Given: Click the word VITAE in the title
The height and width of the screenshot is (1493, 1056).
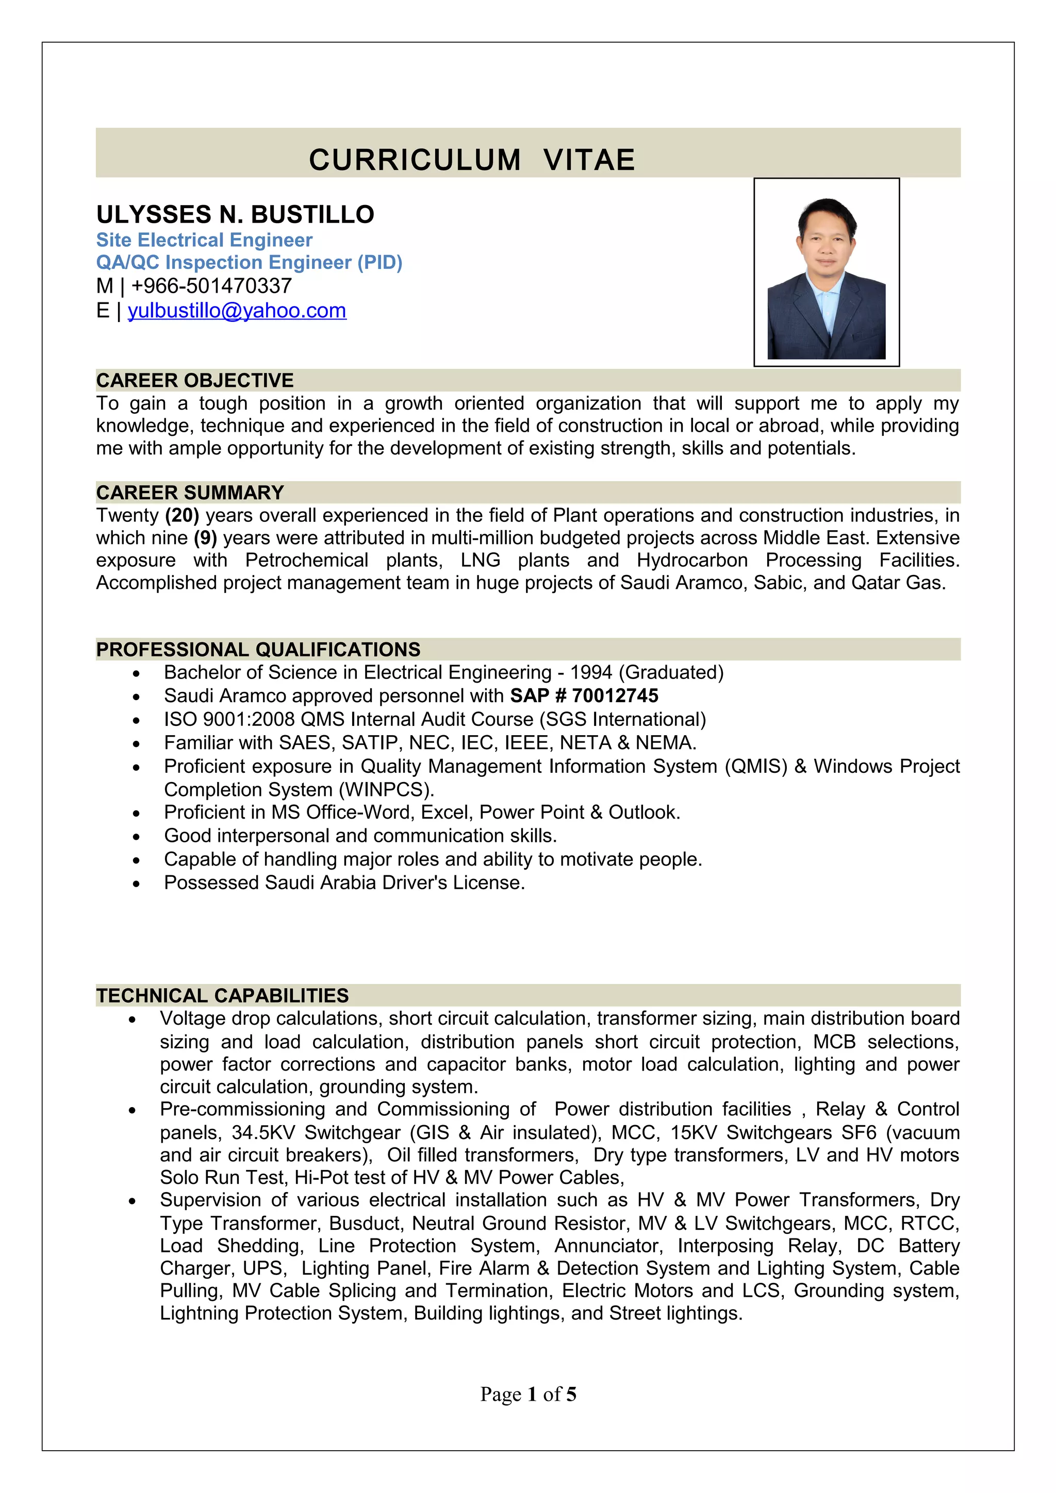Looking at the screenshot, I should click(x=589, y=160).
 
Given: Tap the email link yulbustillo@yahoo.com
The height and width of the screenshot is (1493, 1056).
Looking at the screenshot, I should click(x=237, y=310).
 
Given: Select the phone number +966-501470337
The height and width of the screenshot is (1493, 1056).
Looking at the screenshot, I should click(x=211, y=285).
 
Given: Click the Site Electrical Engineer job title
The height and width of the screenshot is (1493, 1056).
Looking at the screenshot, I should click(x=204, y=240).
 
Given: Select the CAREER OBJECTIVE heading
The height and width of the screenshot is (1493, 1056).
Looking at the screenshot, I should click(x=194, y=380).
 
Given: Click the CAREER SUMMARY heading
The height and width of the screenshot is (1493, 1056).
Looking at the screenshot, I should click(x=190, y=492).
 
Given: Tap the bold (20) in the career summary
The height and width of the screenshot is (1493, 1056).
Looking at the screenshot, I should click(x=181, y=515).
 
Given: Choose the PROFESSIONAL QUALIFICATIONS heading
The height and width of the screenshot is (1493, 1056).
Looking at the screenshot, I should click(x=258, y=649).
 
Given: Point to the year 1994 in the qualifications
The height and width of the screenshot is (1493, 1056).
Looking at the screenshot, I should click(x=591, y=672).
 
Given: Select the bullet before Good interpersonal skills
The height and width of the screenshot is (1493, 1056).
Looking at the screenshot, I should click(x=136, y=836).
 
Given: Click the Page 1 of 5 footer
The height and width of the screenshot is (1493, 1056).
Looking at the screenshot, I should click(x=527, y=1394).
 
